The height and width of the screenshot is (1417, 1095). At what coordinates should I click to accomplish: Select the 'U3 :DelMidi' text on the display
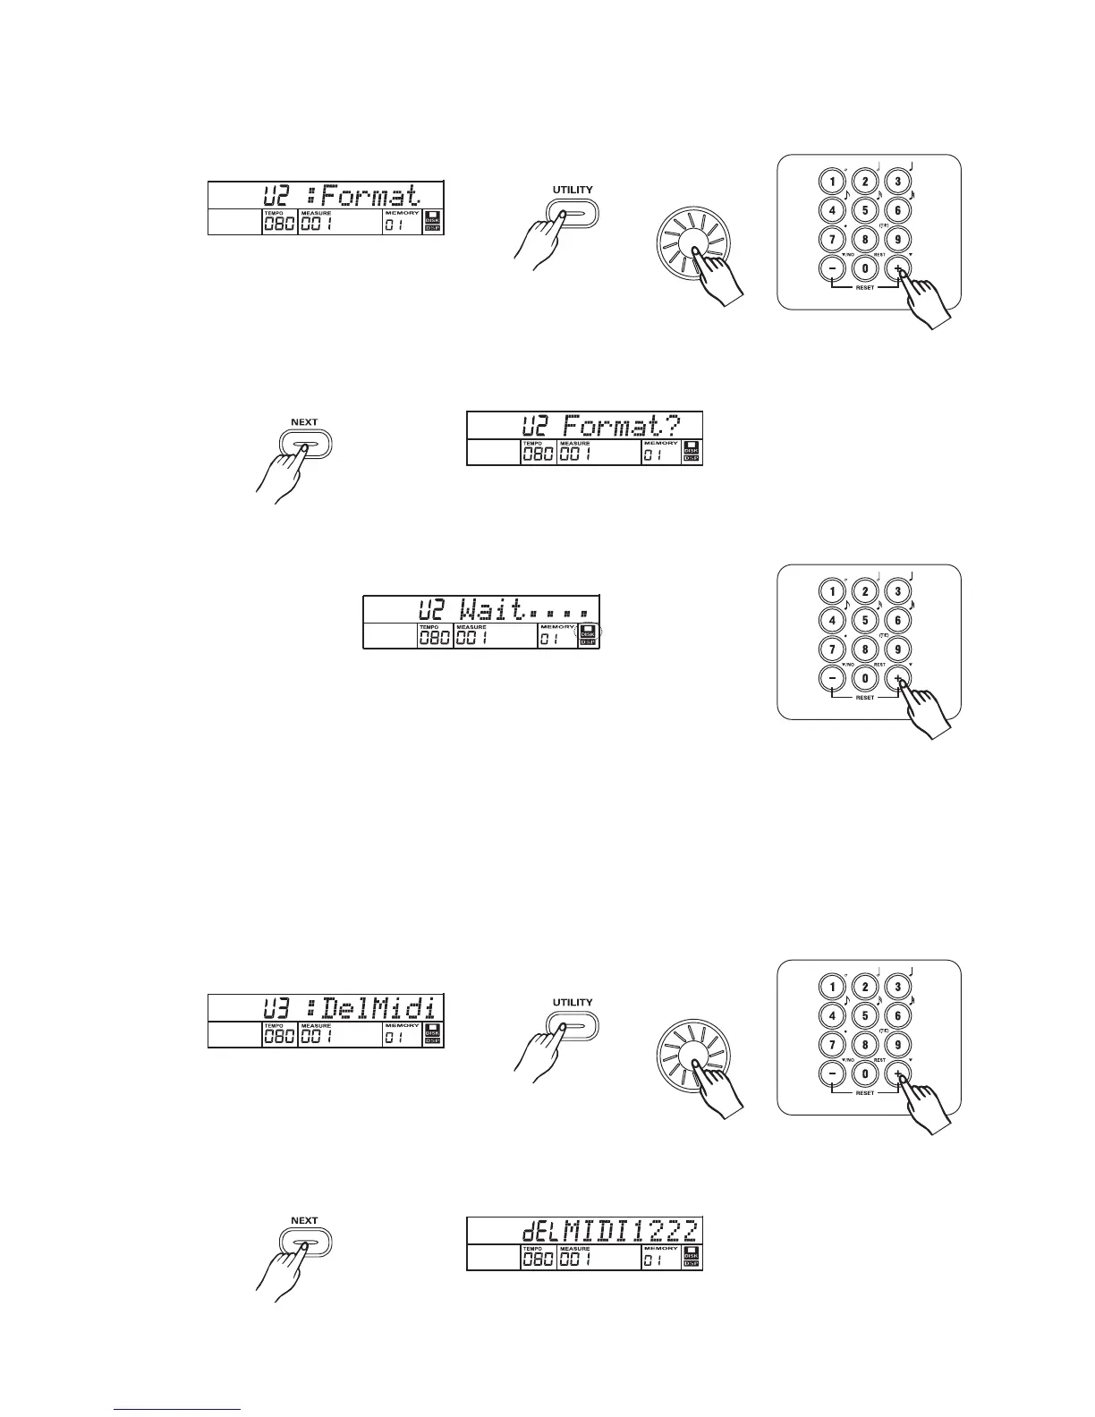coord(349,1008)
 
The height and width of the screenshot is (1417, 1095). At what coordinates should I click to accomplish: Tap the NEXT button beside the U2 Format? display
coord(305,444)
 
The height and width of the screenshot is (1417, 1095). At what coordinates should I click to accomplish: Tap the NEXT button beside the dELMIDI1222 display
coord(305,1242)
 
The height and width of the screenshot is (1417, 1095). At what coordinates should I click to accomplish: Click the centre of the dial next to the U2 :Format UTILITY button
coord(692,245)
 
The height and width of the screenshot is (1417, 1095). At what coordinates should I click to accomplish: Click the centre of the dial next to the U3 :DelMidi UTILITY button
coord(692,1057)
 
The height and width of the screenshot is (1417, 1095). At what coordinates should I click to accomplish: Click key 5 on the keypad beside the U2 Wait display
coord(865,620)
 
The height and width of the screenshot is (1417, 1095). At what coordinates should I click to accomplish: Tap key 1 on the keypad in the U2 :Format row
coord(832,182)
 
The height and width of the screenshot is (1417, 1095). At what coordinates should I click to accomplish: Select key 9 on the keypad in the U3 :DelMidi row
coord(897,1044)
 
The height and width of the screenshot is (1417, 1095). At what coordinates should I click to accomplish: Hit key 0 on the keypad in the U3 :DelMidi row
coord(865,1073)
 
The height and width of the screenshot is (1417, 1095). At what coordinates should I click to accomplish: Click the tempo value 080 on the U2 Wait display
coord(435,638)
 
